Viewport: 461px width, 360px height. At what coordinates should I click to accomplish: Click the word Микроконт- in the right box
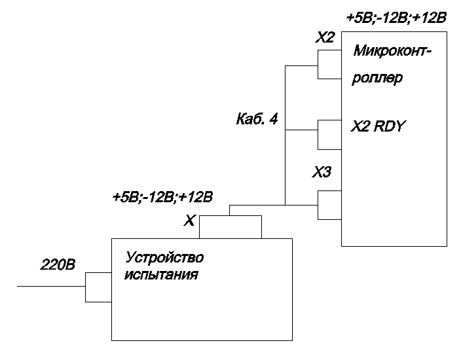coord(392,50)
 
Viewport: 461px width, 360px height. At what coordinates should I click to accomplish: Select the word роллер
coord(377,79)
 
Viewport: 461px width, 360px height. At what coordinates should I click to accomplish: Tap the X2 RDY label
coord(378,126)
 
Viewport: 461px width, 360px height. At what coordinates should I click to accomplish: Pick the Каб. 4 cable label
coord(257,120)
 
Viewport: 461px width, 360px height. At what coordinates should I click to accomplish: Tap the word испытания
coord(161,274)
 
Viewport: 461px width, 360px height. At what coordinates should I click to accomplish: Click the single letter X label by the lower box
coord(189,222)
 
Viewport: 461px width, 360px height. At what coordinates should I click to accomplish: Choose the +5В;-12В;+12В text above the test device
coord(163,196)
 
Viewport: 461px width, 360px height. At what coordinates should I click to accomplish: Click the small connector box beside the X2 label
coord(329,65)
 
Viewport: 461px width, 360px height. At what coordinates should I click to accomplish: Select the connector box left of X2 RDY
coord(329,135)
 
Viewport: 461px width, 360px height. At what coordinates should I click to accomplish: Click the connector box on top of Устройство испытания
coord(230,226)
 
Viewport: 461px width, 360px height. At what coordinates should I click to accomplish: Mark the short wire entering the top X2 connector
coord(301,65)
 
